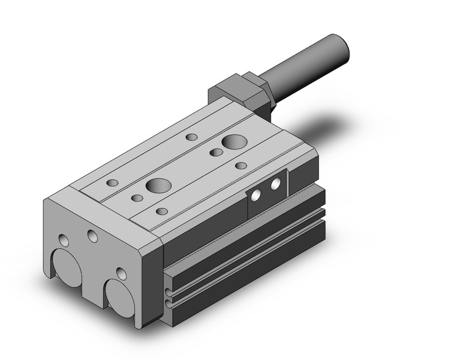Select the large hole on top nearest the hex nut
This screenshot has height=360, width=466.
(x=232, y=143)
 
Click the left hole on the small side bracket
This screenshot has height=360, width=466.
(x=257, y=196)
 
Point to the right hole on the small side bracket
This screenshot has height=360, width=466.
(x=275, y=183)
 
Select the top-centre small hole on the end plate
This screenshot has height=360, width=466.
(x=93, y=236)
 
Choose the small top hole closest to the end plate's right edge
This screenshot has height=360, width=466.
(x=162, y=211)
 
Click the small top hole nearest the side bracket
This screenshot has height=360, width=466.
(x=241, y=166)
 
